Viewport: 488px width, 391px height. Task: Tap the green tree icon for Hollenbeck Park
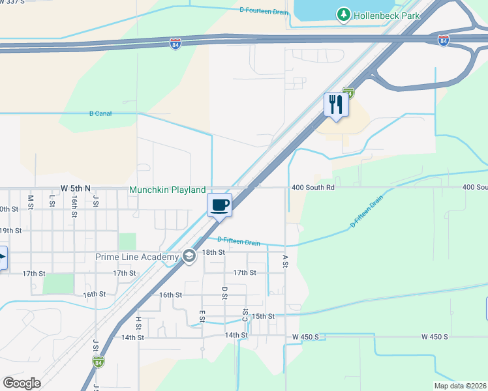(343, 14)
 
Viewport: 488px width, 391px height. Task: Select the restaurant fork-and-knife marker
(337, 104)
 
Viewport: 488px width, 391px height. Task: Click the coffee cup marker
(220, 205)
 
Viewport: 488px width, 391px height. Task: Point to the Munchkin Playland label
(167, 190)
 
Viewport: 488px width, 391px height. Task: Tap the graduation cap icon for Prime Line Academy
(189, 256)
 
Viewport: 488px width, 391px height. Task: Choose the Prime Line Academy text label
(137, 257)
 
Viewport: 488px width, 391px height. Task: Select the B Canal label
(100, 113)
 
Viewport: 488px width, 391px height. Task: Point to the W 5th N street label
(75, 188)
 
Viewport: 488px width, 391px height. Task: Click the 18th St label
(213, 252)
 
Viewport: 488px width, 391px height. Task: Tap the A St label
(285, 261)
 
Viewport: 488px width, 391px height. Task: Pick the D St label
(224, 293)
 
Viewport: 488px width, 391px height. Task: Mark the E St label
(202, 315)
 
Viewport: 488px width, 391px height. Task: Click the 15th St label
(264, 316)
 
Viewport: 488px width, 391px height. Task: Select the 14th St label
(237, 335)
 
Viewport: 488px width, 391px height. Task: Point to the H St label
(138, 322)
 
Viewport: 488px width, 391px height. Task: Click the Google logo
(22, 383)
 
